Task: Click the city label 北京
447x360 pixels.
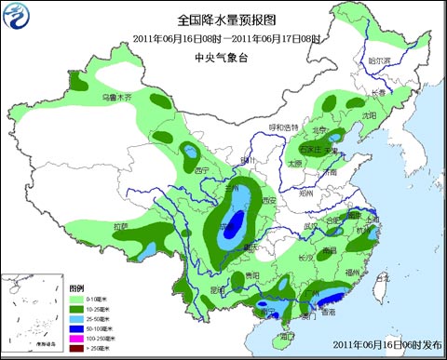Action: click(x=319, y=130)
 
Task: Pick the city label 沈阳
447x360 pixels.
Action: click(x=371, y=115)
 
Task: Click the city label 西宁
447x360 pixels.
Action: click(x=203, y=170)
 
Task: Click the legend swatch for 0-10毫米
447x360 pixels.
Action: click(x=81, y=298)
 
